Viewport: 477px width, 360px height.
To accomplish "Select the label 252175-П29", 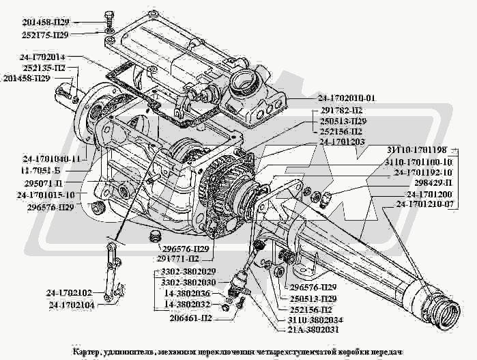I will (46, 33).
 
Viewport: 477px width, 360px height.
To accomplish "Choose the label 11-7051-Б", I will (53, 171).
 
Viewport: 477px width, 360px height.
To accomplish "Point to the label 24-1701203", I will (340, 141).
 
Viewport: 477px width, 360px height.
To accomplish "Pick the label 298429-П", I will (429, 183).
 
